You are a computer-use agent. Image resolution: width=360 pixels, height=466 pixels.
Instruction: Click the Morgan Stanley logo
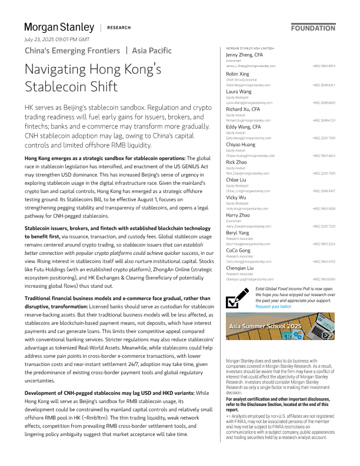(x=59, y=27)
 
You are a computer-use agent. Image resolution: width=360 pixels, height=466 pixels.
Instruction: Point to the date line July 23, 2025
(x=57, y=39)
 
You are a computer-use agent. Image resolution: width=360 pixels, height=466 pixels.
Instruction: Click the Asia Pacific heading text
(x=152, y=51)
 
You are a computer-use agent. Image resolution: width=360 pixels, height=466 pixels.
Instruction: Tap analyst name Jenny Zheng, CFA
(x=245, y=55)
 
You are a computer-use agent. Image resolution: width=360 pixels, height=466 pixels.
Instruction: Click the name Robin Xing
(x=239, y=74)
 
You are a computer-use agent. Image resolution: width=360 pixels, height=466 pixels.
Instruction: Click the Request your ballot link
(x=275, y=307)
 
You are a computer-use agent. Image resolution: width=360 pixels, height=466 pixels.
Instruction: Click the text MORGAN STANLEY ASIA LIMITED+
(x=250, y=48)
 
